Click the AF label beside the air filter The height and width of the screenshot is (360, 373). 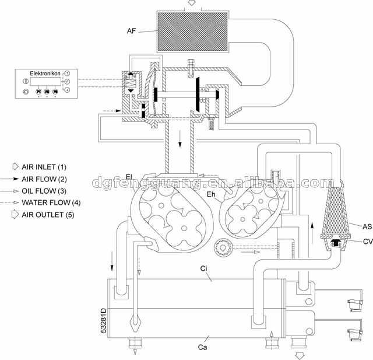point(131,31)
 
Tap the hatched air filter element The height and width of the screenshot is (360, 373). point(193,32)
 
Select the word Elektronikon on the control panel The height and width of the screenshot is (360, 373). point(45,74)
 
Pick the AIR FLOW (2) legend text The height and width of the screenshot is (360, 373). point(44,179)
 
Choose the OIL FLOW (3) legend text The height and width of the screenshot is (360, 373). point(44,191)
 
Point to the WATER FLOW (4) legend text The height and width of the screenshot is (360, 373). point(51,202)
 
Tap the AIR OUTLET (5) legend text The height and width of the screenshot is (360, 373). point(48,215)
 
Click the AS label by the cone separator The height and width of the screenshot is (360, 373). point(367,226)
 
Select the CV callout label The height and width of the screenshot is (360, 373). point(368,242)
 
